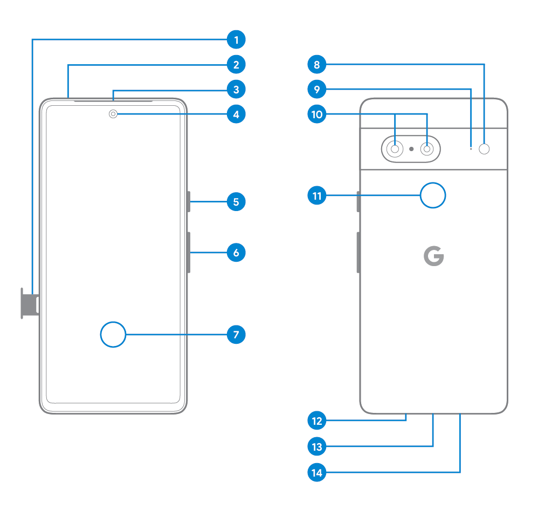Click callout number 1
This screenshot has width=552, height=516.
pos(236,39)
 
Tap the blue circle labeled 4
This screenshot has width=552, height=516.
pos(236,114)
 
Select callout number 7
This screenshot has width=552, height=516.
pos(236,335)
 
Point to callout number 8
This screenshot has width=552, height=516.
pos(317,65)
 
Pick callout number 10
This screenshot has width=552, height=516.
pos(317,114)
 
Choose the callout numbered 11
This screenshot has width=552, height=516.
pos(317,195)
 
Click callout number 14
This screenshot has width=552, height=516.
pos(317,473)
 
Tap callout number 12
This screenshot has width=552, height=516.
pos(317,420)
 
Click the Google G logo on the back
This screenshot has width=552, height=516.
pos(433,257)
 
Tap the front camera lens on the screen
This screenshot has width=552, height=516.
pos(113,114)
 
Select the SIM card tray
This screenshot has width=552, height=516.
pos(29,303)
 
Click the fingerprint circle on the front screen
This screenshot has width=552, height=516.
pos(113,335)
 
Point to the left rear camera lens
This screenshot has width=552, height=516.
pos(395,149)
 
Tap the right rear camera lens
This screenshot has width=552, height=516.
pos(427,149)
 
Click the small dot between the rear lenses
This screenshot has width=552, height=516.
pos(411,149)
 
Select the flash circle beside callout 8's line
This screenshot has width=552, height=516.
pos(485,149)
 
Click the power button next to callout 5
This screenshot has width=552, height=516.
pos(189,202)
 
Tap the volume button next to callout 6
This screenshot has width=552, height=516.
pos(189,252)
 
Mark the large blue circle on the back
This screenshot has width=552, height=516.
pos(433,195)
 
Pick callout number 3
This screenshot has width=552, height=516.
pos(236,89)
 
